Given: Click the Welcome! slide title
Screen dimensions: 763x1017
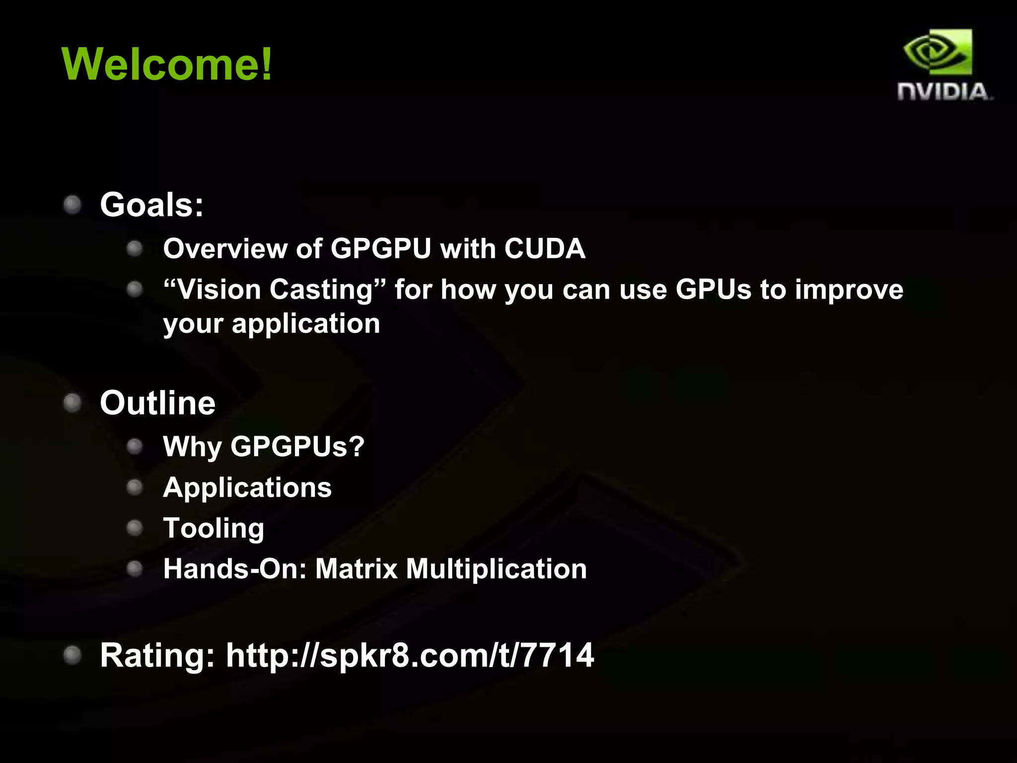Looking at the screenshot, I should coord(167,64).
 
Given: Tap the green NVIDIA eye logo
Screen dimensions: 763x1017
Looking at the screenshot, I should coord(938,53).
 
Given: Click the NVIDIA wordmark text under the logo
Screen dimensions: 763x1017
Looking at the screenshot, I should coord(944,92).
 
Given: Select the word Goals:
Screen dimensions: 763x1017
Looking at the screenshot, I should coord(151,205).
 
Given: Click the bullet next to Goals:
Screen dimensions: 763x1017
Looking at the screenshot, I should coord(73,205).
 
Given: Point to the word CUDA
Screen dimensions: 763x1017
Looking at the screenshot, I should coord(545,248).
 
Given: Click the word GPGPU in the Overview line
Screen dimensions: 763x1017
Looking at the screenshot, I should coord(380,248).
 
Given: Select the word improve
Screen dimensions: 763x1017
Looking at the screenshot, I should coord(849,291).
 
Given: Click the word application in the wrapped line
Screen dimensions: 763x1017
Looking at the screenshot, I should coord(306,324).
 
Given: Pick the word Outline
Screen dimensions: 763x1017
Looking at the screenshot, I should coord(157,403).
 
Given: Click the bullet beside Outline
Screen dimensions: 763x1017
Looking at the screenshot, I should coord(73,403).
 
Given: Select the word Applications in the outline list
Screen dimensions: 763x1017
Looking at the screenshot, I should coord(247,488).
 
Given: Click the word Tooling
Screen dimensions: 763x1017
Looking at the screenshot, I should coord(214,529).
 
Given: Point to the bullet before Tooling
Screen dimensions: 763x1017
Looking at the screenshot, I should coord(135,528).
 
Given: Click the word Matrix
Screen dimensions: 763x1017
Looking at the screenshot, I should coord(356,569).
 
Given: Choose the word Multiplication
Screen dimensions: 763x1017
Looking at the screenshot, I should coord(496,569).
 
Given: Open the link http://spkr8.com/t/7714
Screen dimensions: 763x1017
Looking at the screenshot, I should coord(410,655).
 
